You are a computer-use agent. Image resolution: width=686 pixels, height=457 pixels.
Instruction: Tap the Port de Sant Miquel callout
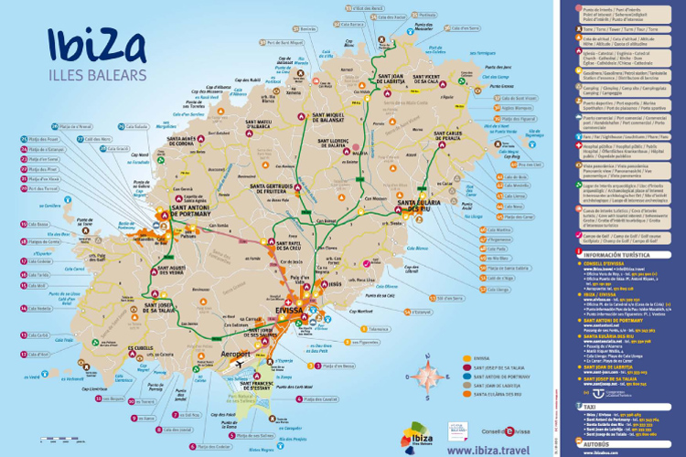pyautogui.click(x=284, y=42)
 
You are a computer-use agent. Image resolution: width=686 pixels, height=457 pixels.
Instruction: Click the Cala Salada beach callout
pyautogui.click(x=137, y=127)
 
